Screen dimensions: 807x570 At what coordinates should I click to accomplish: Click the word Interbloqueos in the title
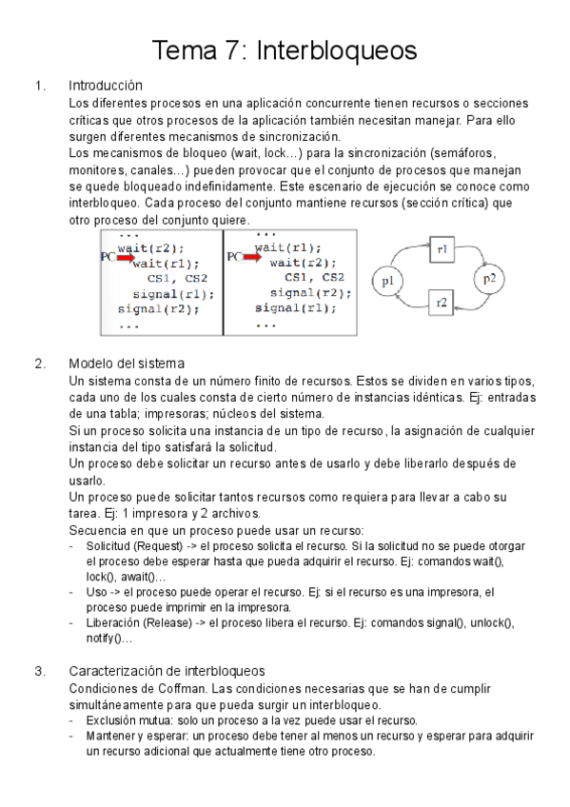(x=337, y=49)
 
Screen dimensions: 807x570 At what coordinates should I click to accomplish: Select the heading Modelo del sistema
(x=127, y=363)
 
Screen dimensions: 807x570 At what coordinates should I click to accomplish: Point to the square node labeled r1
(x=443, y=249)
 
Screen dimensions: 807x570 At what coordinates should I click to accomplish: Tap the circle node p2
(x=488, y=278)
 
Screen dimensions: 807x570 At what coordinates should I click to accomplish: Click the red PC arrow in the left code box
(x=122, y=256)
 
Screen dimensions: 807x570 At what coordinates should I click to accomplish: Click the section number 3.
(x=39, y=672)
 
